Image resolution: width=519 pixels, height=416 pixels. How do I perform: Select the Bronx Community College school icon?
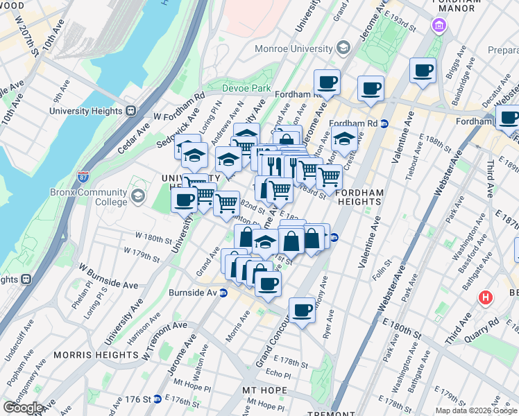[x=138, y=197]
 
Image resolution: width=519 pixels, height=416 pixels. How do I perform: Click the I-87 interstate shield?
[x=83, y=177]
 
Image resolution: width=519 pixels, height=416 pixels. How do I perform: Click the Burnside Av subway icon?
[x=223, y=293]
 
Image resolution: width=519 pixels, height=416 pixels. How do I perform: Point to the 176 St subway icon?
[x=159, y=399]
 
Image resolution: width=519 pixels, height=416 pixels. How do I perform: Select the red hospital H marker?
[x=486, y=298]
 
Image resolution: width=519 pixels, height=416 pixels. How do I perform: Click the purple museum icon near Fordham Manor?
[x=439, y=26]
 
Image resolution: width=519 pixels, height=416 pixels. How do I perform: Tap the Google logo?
[x=22, y=407]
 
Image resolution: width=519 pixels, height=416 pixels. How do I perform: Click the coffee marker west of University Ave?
[x=184, y=200]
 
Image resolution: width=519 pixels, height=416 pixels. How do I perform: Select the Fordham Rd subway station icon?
[x=384, y=123]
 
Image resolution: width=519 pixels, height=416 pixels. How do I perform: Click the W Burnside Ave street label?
[x=108, y=275]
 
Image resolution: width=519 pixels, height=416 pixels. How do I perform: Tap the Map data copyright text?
[x=475, y=410]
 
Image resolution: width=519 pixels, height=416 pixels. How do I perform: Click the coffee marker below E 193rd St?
[x=422, y=69]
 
